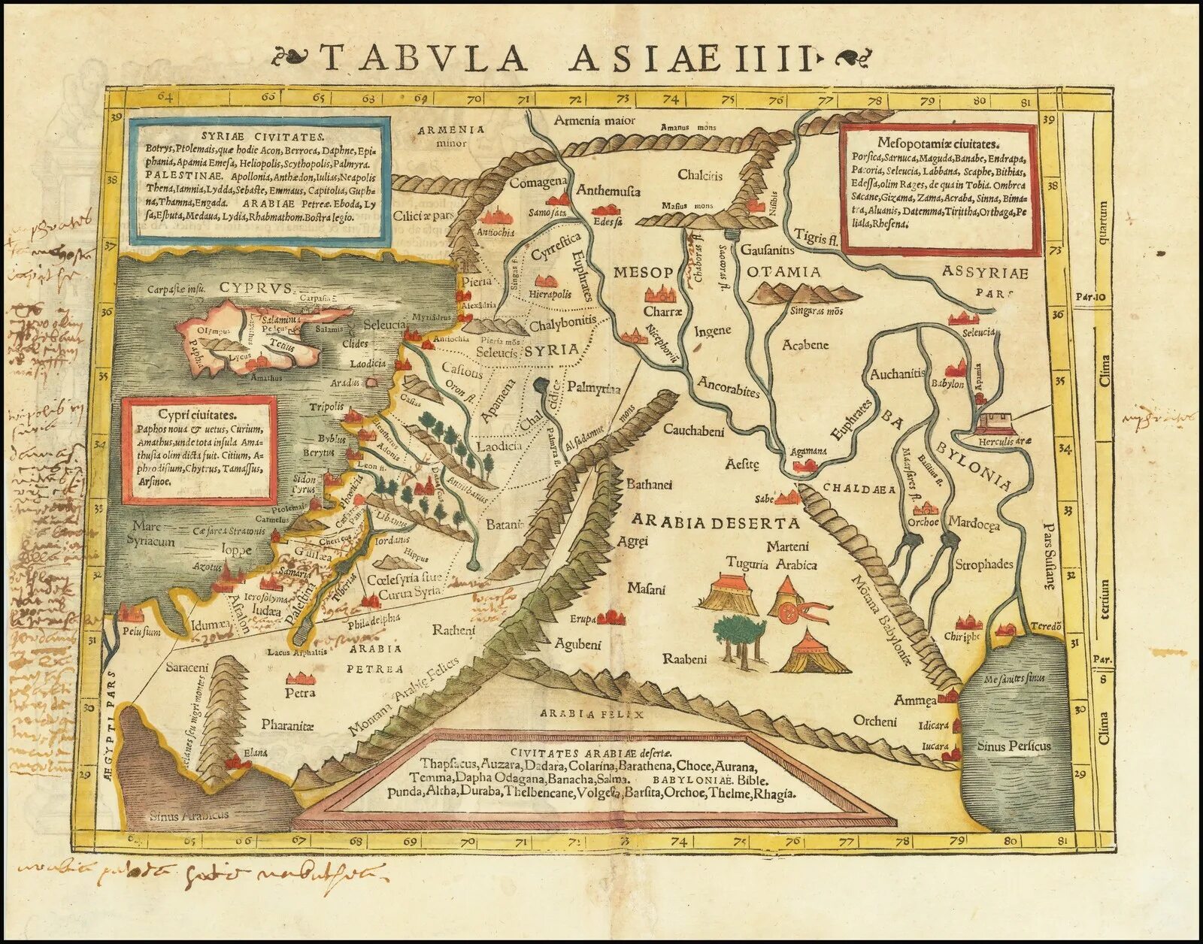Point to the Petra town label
tap(300, 692)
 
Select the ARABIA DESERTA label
tap(715, 522)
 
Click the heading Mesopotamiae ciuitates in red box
tap(938, 143)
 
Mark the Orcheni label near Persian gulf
tap(875, 721)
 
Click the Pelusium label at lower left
tap(142, 632)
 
